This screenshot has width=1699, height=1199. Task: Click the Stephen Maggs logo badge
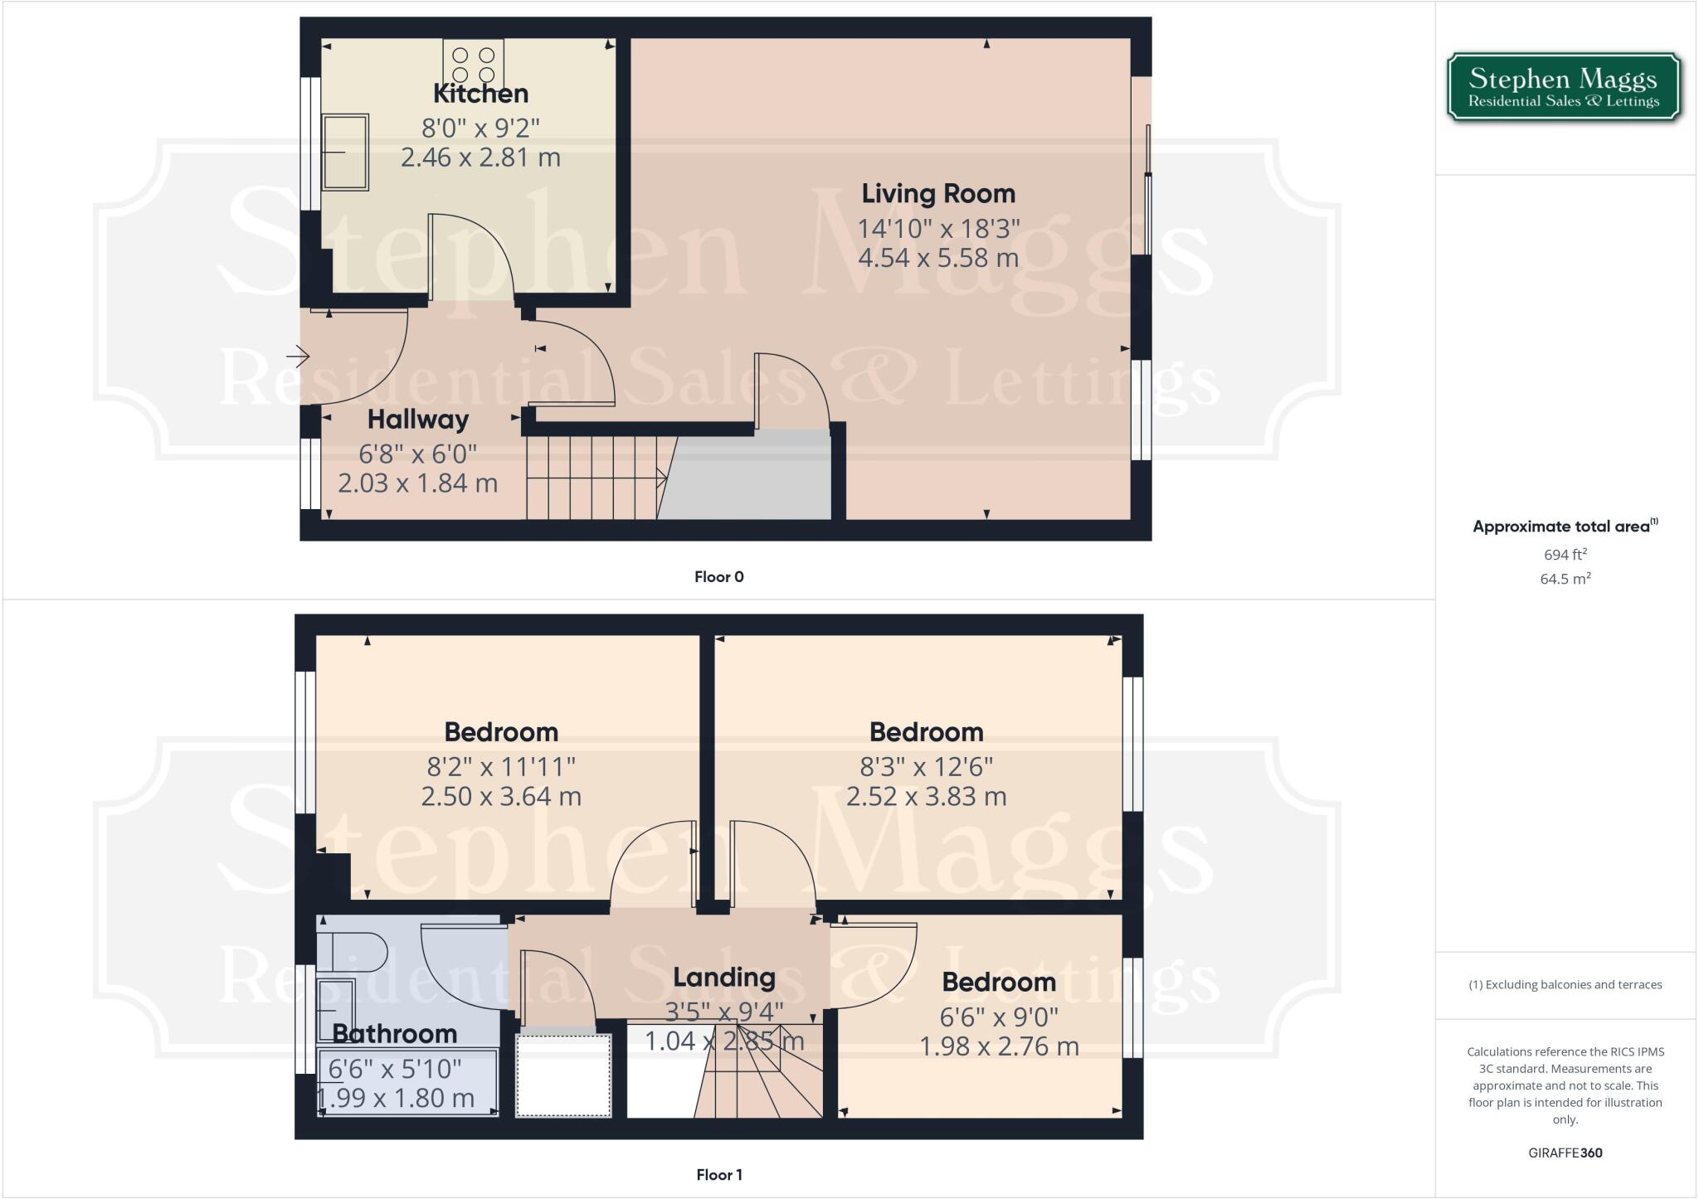(x=1564, y=88)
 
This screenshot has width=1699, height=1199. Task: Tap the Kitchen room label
(x=480, y=94)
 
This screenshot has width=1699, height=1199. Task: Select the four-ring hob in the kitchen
(x=473, y=65)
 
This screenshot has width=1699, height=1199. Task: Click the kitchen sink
(x=345, y=152)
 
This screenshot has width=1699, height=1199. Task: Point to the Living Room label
(x=938, y=194)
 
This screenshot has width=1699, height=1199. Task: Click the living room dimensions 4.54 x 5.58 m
(x=938, y=258)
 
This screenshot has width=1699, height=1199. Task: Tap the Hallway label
(x=418, y=420)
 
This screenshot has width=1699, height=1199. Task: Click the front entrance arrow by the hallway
(x=298, y=357)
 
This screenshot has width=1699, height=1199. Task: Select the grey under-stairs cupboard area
(x=747, y=477)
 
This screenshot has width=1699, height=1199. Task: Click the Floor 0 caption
(x=718, y=577)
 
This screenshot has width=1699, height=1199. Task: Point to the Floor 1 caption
(x=718, y=1175)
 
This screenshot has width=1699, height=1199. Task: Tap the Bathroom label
(x=395, y=1034)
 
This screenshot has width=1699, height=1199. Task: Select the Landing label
(x=723, y=978)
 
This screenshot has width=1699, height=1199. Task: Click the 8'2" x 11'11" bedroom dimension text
(x=501, y=766)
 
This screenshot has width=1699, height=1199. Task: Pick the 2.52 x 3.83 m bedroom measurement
(x=926, y=797)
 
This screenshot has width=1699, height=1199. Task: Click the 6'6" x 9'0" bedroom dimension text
(x=999, y=1017)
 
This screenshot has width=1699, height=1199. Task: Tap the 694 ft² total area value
(x=1565, y=555)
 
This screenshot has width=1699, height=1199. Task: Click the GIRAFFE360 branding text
(x=1565, y=1153)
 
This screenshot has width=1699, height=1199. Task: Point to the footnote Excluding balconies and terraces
(x=1565, y=985)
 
